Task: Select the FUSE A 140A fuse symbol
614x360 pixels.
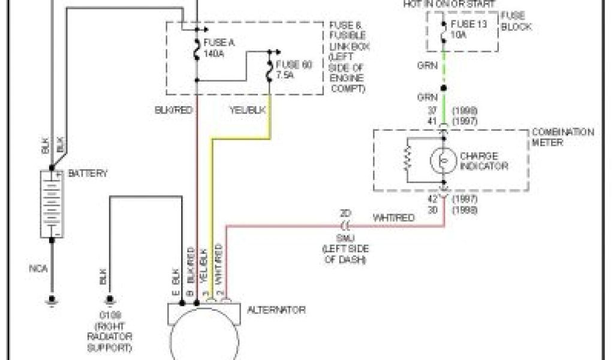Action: [x=197, y=49]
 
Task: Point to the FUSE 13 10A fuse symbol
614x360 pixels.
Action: [x=444, y=31]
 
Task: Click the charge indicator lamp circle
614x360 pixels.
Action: [x=444, y=160]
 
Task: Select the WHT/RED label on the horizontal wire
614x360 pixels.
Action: [x=393, y=218]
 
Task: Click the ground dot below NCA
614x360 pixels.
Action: [x=52, y=298]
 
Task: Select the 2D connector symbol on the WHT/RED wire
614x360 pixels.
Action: [x=345, y=226]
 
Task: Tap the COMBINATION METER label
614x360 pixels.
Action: [x=563, y=136]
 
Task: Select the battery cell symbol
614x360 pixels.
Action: [x=52, y=203]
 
